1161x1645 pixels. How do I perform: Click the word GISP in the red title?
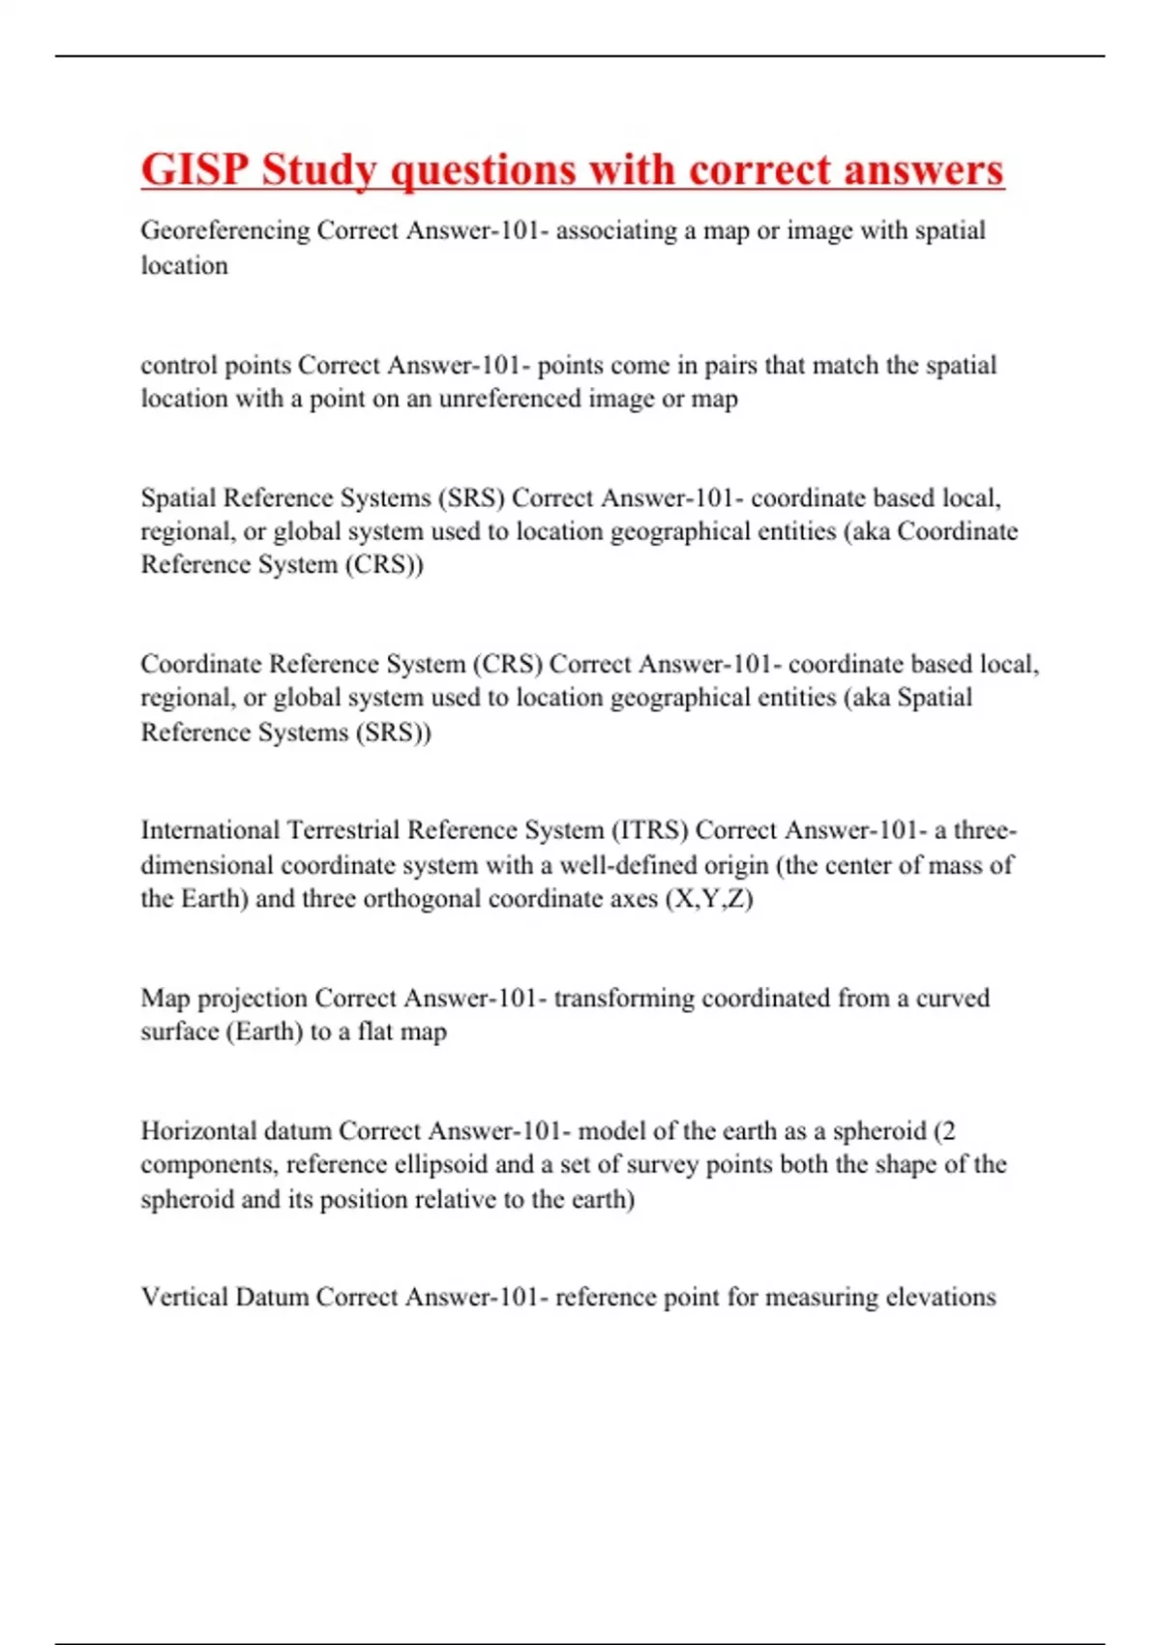[194, 170]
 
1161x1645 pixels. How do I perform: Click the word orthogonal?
[422, 898]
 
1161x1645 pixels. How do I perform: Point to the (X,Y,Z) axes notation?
[709, 898]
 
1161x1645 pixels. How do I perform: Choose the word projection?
[252, 999]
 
